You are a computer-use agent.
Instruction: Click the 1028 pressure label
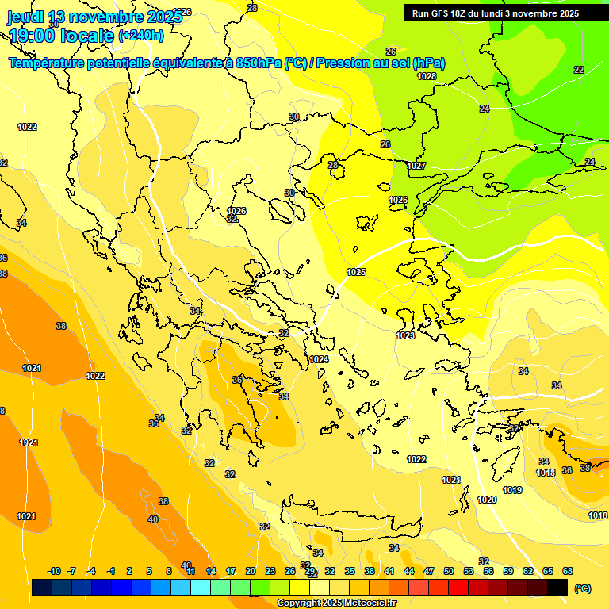point(427,76)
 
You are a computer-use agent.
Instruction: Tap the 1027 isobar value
point(416,166)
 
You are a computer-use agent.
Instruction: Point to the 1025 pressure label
point(356,272)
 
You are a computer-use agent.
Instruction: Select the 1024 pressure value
point(319,359)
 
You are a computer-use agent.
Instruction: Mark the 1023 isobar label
point(405,335)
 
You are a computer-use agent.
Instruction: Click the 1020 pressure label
point(487,500)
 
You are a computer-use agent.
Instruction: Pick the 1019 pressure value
point(512,490)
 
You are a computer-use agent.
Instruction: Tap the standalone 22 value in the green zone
point(579,70)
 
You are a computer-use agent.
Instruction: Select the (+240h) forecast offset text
point(141,35)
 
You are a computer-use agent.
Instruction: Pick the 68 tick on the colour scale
point(568,571)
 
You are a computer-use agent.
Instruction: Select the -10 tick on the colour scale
point(54,571)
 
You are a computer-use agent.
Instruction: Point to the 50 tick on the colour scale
point(449,571)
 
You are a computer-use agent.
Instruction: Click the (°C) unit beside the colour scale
point(583,588)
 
